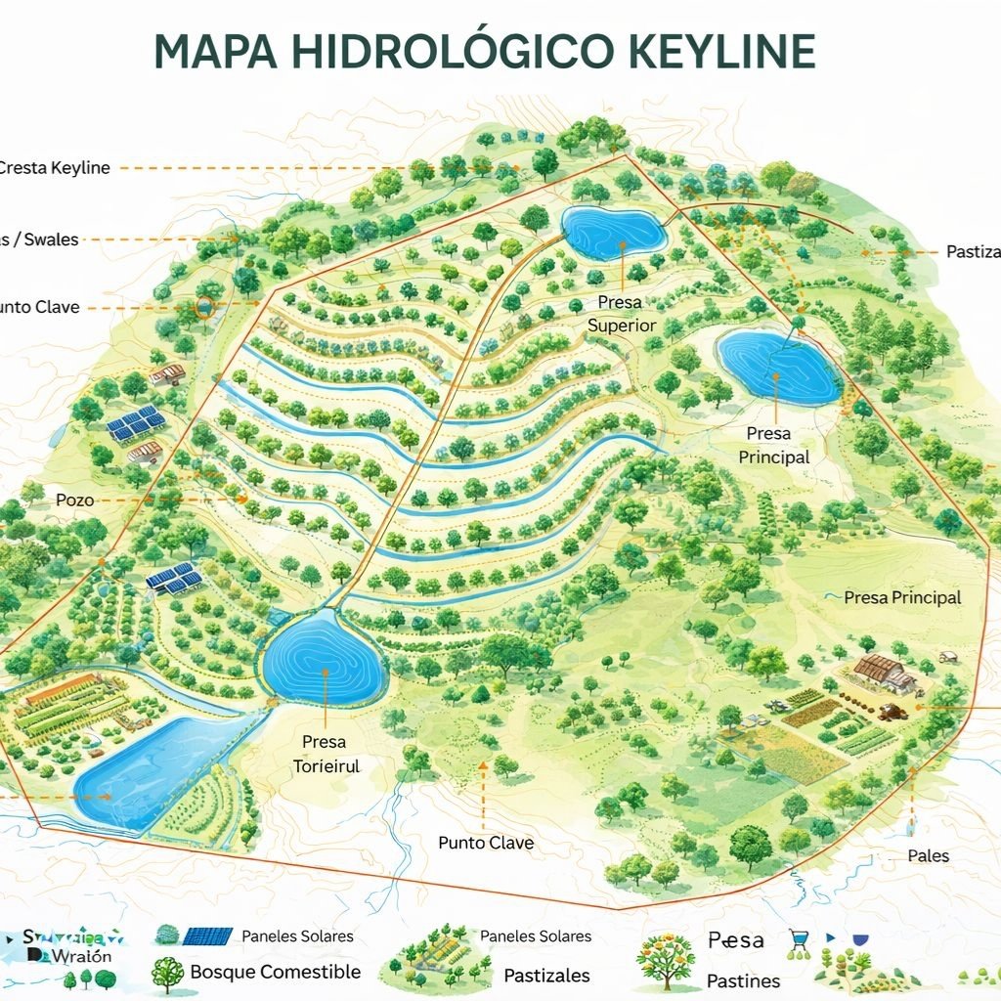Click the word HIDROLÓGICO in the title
click(412, 51)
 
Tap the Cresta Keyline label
click(54, 168)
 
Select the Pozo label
click(75, 500)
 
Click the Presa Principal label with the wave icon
click(901, 597)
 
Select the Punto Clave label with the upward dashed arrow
click(485, 843)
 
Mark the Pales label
click(928, 855)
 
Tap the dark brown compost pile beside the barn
click(892, 713)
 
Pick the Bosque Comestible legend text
click(275, 972)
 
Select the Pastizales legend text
click(546, 976)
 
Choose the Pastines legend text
click(743, 980)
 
